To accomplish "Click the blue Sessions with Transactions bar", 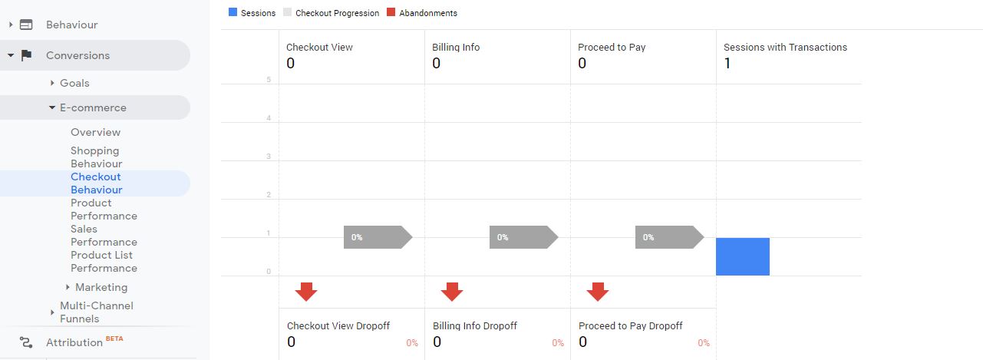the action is [743, 257].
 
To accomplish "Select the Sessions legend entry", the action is [252, 13].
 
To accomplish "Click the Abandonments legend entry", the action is [422, 13].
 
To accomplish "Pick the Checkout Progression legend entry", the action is [332, 13].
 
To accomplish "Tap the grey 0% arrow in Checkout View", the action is [378, 237].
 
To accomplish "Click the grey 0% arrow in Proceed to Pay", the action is [670, 237].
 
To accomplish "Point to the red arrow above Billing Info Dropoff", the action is [452, 292].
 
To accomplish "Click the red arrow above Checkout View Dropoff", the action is [306, 292].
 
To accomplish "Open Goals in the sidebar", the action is [74, 83].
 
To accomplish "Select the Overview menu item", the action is [95, 132].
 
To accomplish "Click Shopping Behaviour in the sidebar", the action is [96, 157].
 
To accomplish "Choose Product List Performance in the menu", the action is [104, 261].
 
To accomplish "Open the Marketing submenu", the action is [101, 287].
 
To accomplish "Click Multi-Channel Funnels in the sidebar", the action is [97, 312].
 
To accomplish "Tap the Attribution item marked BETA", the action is [74, 342].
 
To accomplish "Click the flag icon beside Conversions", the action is [26, 55].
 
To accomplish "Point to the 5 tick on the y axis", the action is [269, 80].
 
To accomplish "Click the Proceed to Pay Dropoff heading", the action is [630, 325].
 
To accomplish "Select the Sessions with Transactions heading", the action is [785, 47].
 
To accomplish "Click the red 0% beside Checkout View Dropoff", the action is [412, 343].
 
